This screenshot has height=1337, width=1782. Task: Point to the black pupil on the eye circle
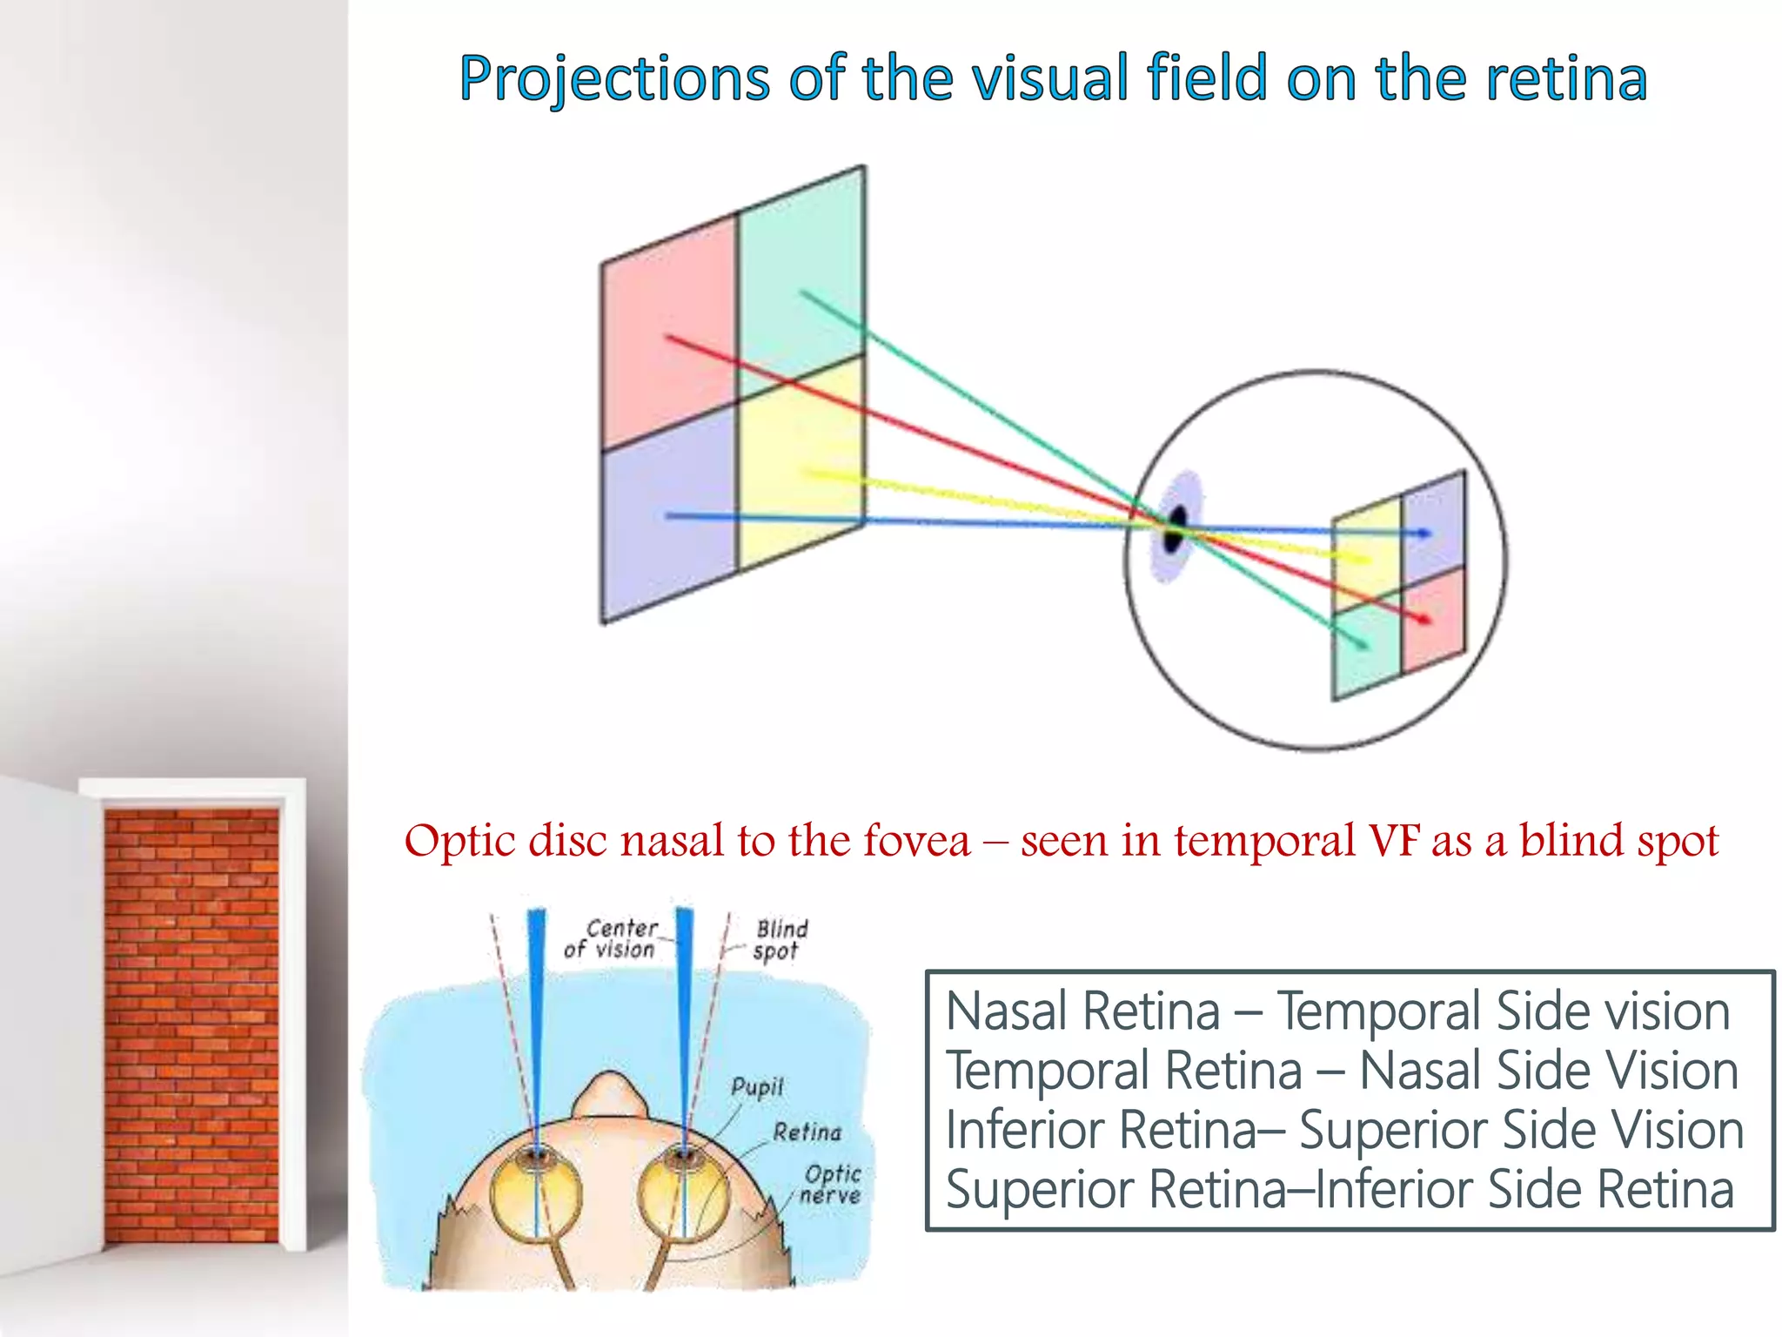coord(1176,527)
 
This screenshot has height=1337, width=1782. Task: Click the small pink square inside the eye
coord(1433,618)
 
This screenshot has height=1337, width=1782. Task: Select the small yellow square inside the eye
coord(1366,553)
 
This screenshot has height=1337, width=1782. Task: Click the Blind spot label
coord(780,939)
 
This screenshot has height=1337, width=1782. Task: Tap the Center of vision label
coord(614,938)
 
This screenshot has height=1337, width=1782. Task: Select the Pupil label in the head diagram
coord(757,1086)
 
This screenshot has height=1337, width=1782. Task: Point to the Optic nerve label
coord(831,1185)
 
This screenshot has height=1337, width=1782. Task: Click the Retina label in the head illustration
coord(807,1132)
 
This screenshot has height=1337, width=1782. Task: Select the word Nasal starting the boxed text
coord(1008,1012)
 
